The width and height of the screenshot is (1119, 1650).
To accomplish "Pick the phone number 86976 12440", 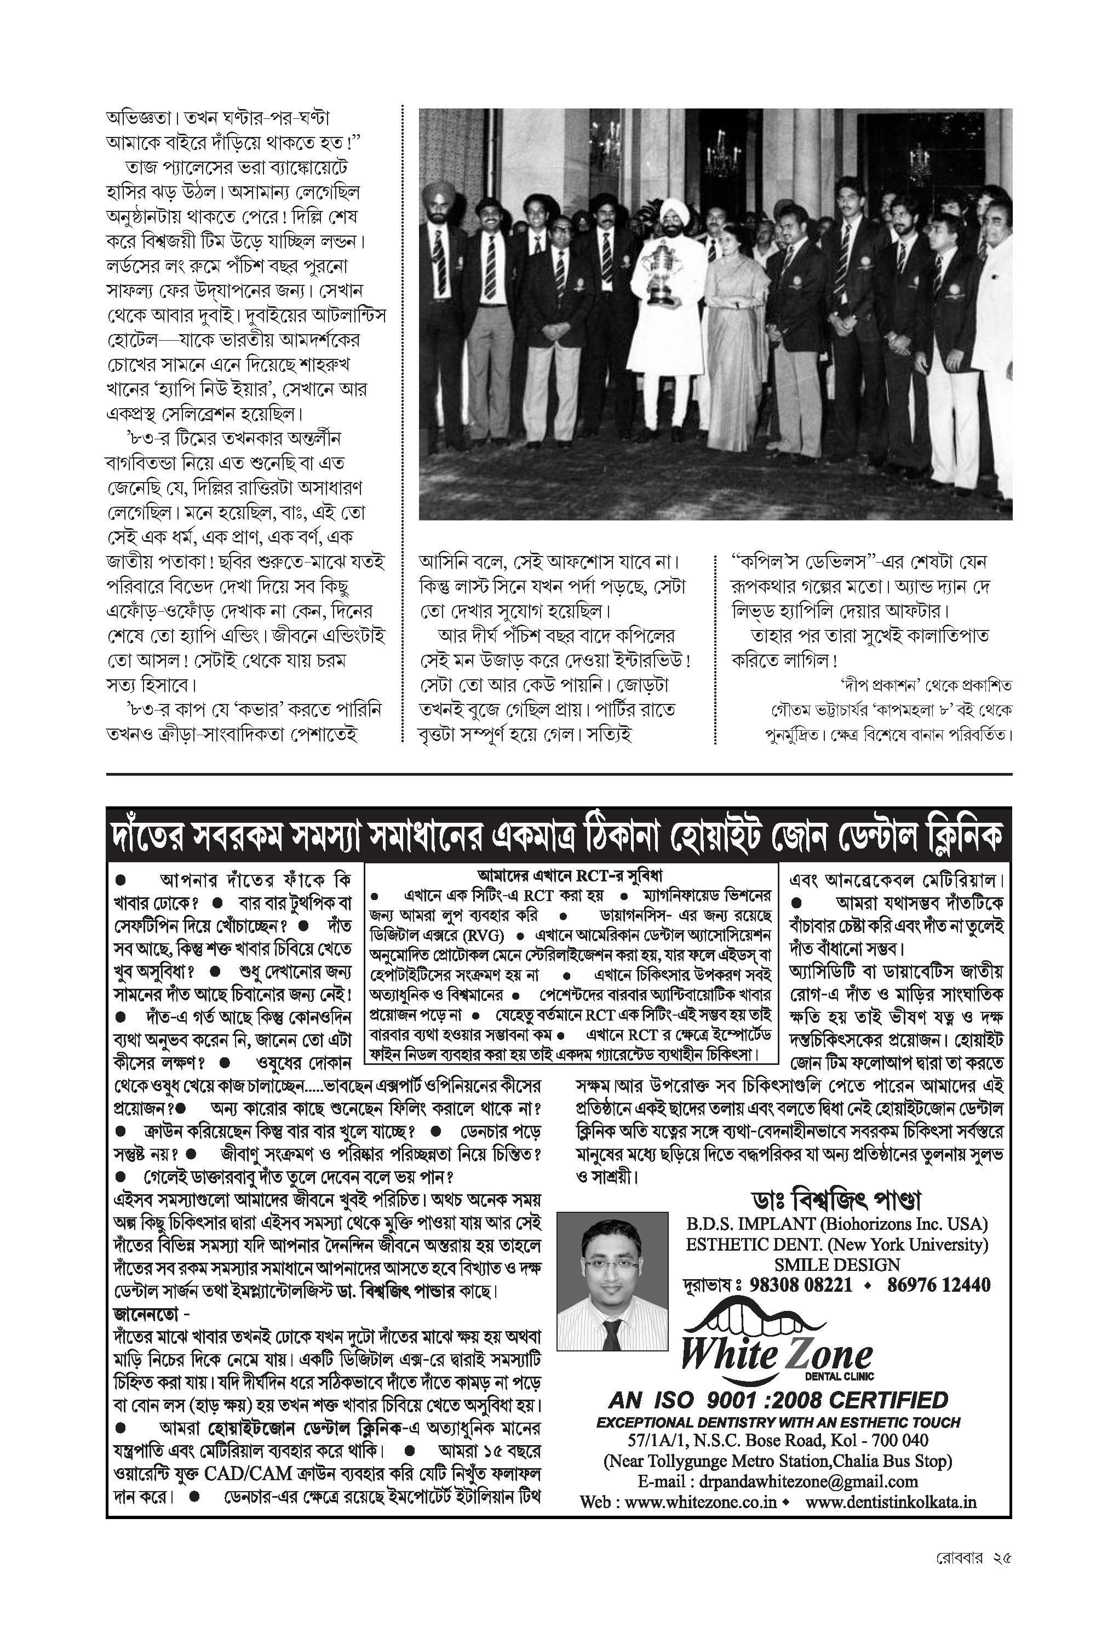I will [939, 1285].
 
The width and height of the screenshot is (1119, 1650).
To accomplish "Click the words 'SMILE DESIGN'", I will [836, 1264].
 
